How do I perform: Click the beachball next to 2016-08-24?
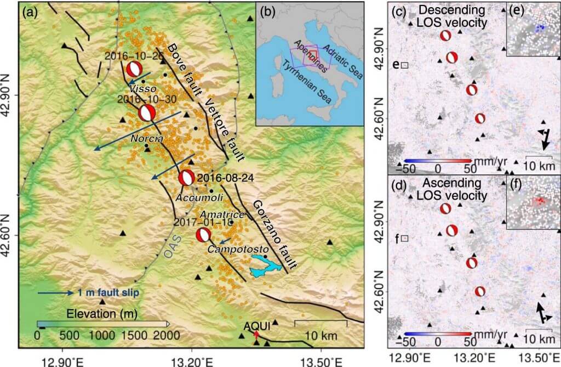[x=186, y=178]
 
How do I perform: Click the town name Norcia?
[x=145, y=139]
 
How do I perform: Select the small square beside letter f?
[x=405, y=239]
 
